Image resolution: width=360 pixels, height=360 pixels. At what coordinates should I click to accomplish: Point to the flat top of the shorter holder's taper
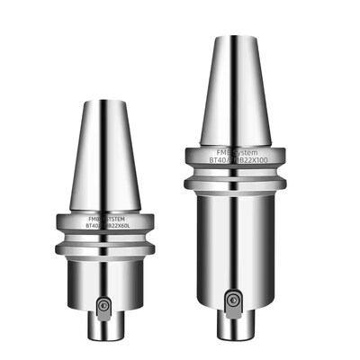pyautogui.click(x=105, y=102)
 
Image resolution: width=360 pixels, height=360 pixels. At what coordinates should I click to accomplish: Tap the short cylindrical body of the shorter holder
pyautogui.click(x=105, y=275)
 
